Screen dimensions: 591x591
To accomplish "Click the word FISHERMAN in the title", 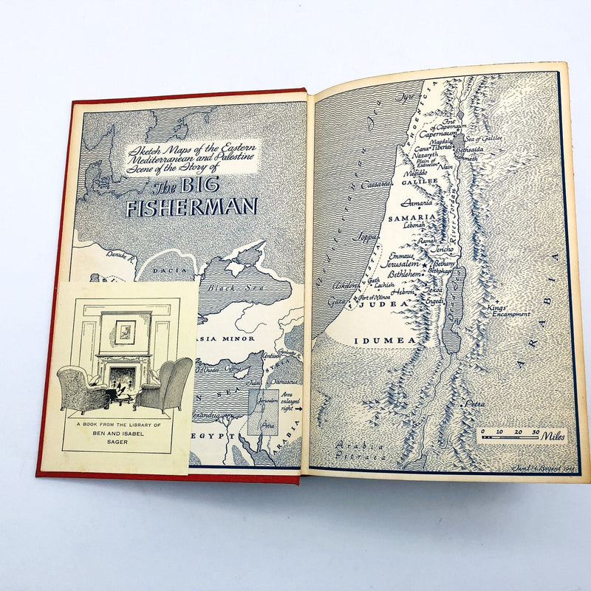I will pyautogui.click(x=191, y=208).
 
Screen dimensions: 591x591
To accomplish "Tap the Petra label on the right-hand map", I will pyautogui.click(x=472, y=405).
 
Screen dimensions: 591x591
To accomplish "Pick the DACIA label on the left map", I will pyautogui.click(x=165, y=271).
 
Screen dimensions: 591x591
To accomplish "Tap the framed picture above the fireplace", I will pyautogui.click(x=126, y=329).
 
